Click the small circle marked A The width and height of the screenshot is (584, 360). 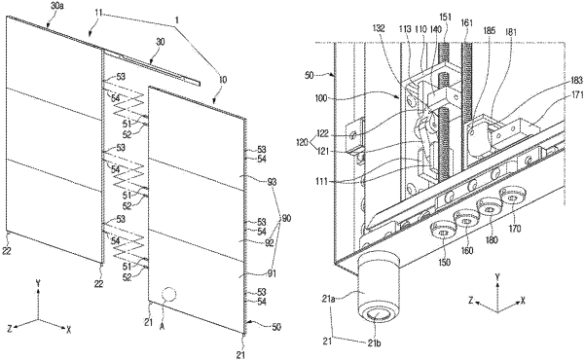[x=168, y=294]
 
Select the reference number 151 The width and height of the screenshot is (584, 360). [x=445, y=18]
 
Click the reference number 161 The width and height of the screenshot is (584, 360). [x=466, y=23]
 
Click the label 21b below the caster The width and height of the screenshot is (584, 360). [x=373, y=342]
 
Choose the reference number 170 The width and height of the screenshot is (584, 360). [x=515, y=229]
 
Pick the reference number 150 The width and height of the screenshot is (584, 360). [x=445, y=262]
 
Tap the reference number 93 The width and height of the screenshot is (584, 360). [x=272, y=182]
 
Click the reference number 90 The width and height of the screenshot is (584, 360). [x=286, y=219]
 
